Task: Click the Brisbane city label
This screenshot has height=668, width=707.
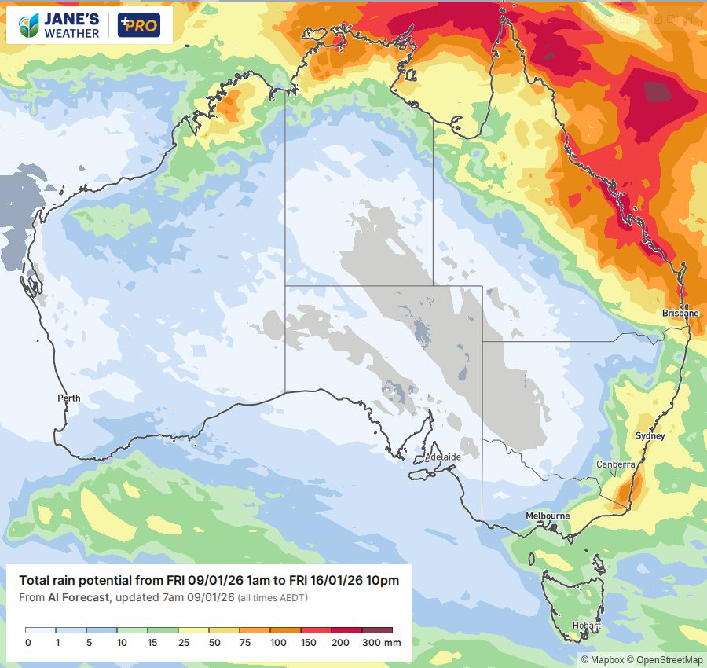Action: point(680,313)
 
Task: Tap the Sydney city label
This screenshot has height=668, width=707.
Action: point(650,435)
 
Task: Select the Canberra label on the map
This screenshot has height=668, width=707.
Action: point(615,464)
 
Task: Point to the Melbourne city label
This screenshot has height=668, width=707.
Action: point(548,516)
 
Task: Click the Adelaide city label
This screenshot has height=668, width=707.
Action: point(442,457)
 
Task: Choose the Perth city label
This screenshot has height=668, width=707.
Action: point(69,398)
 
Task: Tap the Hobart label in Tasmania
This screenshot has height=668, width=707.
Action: point(586,626)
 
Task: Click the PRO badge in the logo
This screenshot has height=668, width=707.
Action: point(138,25)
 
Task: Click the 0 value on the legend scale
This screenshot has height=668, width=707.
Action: point(27,643)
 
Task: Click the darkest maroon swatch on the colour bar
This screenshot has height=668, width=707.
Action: point(377,630)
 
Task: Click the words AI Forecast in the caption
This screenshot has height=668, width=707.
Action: point(79,598)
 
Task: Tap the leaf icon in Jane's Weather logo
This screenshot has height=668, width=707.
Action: point(30,25)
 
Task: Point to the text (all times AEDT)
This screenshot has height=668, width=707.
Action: point(273,599)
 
